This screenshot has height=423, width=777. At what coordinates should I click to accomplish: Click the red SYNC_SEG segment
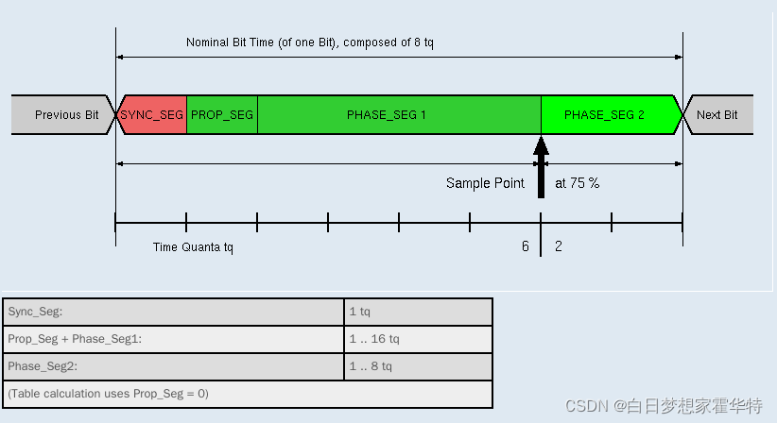(151, 114)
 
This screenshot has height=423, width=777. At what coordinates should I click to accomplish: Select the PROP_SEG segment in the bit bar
(222, 114)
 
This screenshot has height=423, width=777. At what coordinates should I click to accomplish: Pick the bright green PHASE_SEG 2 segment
(605, 114)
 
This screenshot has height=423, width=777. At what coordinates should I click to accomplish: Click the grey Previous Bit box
(64, 114)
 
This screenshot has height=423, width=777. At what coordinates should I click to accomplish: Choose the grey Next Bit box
(718, 114)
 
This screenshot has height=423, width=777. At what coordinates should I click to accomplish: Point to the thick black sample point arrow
(541, 170)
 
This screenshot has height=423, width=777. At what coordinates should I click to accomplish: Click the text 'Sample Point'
(485, 183)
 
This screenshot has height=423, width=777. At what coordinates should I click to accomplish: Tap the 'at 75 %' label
(577, 183)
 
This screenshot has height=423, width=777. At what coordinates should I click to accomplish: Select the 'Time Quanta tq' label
(193, 247)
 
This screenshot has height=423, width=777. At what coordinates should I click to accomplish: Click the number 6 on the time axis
(526, 246)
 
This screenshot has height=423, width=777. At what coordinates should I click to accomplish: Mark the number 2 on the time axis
(559, 246)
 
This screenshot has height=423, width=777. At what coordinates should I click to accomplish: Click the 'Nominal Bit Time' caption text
(310, 42)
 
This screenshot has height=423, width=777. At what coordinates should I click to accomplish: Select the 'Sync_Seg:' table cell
(174, 312)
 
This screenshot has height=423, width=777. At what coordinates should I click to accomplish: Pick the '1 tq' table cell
(418, 312)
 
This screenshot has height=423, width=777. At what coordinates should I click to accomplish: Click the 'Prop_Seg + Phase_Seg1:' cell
(174, 339)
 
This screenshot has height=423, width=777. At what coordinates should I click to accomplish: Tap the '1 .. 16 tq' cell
(418, 339)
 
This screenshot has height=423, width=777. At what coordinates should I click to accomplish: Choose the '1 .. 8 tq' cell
(418, 366)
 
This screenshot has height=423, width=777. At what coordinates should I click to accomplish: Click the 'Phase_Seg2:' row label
(174, 366)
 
